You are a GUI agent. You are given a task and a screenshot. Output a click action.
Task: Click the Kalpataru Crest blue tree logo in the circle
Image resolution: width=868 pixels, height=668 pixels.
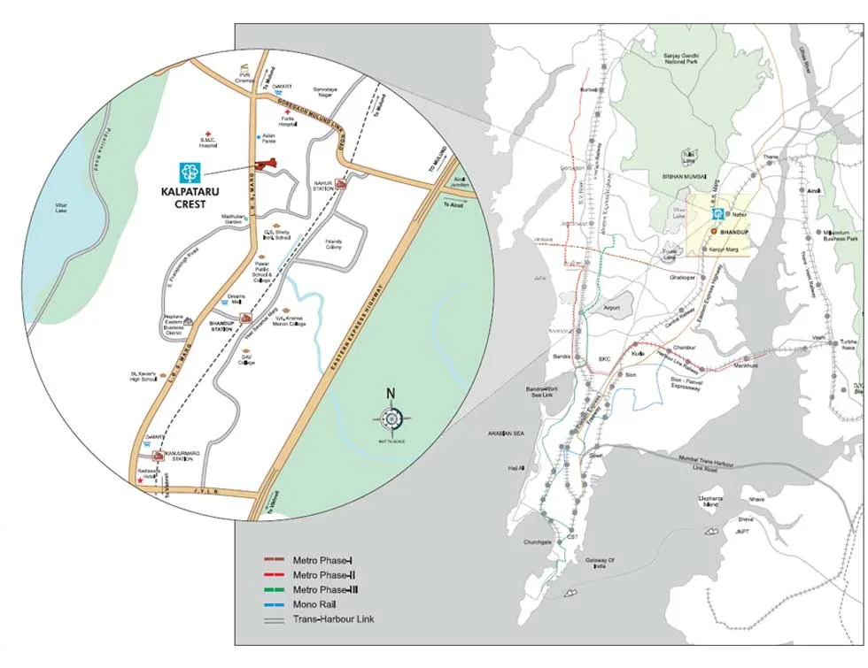coord(190,173)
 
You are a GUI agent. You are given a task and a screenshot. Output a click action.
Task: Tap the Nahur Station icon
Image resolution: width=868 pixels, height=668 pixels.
coord(341,182)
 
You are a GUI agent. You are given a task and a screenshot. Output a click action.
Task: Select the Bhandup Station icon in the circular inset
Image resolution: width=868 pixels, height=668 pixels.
coord(246,317)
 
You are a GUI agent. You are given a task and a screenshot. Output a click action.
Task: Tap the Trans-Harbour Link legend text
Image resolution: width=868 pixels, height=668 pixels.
coord(333,618)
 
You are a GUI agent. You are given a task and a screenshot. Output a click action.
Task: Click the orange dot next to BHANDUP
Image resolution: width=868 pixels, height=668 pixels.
coord(713,231)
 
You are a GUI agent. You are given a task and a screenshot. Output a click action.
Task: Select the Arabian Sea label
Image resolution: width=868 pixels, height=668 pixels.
coord(501,434)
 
